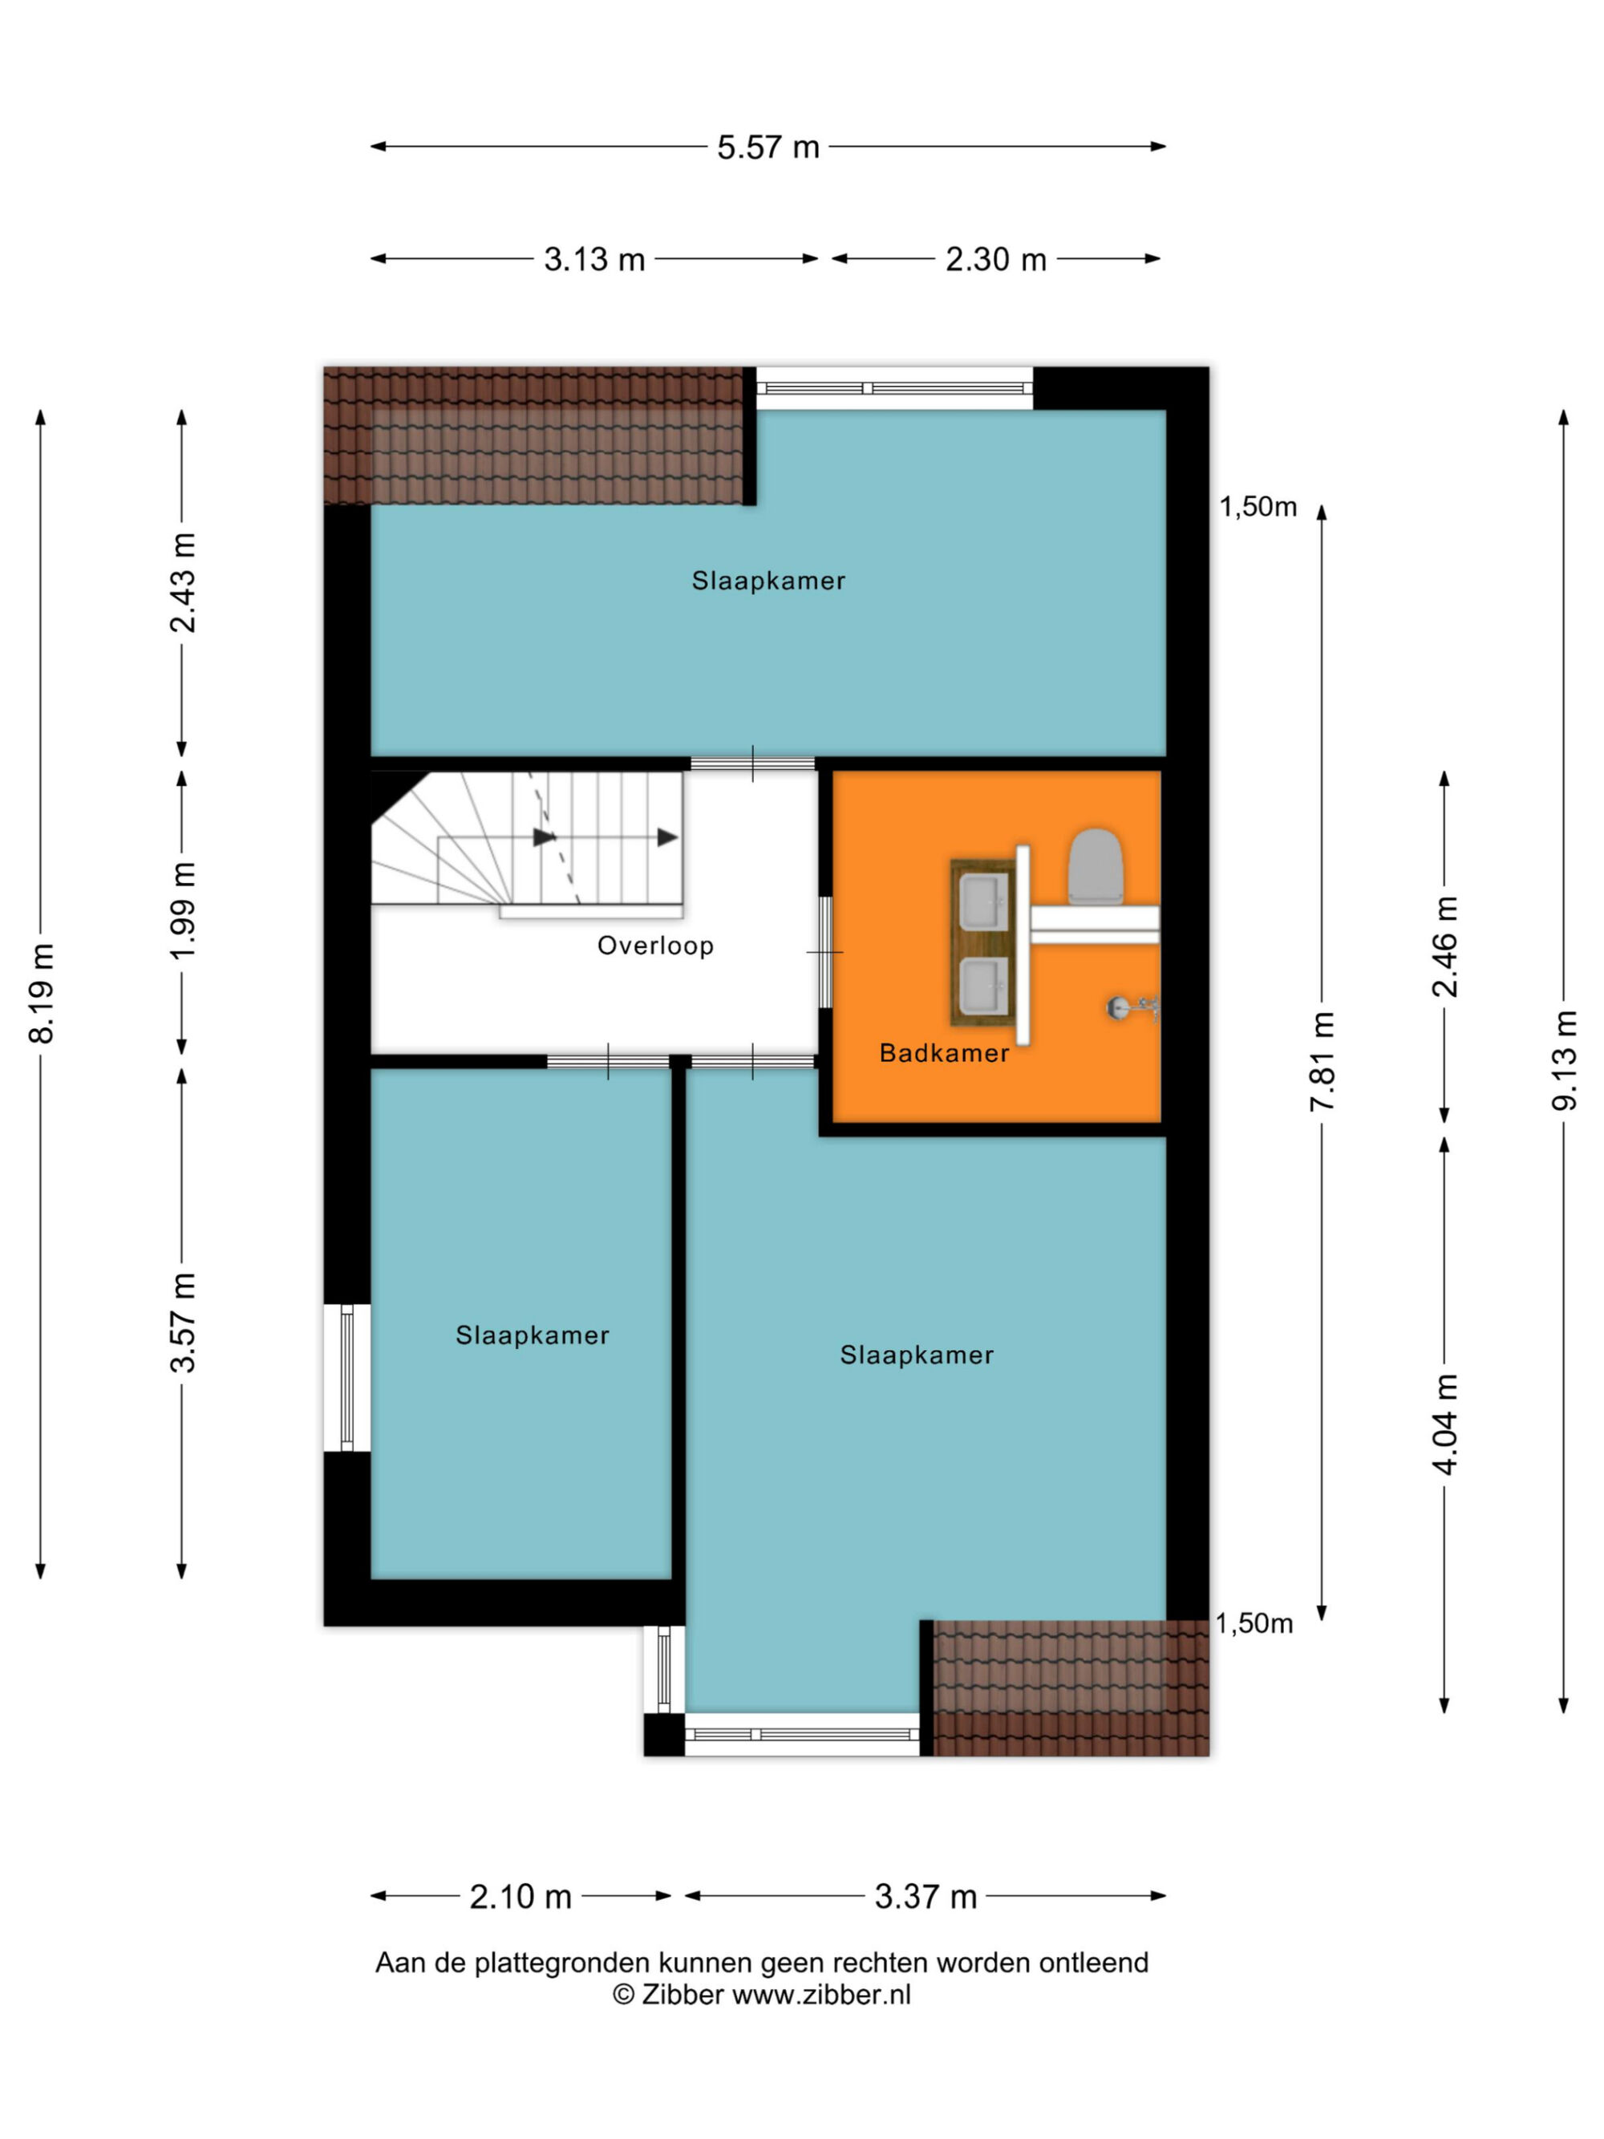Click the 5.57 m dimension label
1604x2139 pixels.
(768, 147)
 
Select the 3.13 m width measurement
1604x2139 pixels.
(593, 259)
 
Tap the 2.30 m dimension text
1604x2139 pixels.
(996, 259)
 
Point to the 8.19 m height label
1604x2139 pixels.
(42, 992)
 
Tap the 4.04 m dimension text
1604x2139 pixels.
(1444, 1424)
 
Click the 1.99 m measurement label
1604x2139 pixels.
(183, 911)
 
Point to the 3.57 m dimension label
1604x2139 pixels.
(183, 1322)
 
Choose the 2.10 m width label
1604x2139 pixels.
(520, 1898)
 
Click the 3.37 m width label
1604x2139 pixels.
(926, 1898)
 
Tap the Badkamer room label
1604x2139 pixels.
(944, 1053)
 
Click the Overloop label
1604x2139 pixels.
(655, 946)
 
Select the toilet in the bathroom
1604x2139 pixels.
(1095, 865)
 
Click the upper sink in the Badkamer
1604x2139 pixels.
(984, 901)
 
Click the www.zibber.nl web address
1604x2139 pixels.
(821, 1995)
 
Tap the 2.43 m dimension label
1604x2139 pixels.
(183, 582)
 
